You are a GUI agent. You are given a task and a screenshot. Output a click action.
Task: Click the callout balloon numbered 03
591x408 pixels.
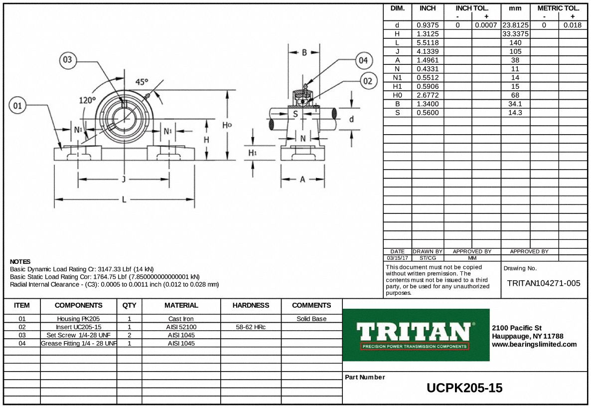click(67, 61)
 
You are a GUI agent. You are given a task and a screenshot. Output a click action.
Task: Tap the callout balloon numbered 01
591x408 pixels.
click(17, 105)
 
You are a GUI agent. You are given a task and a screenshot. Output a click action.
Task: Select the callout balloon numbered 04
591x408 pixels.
click(363, 61)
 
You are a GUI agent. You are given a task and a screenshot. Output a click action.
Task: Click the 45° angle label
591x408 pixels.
click(142, 82)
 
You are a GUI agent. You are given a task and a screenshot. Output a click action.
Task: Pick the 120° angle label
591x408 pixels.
click(87, 100)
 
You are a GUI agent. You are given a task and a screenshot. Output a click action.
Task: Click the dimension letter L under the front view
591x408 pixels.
click(124, 200)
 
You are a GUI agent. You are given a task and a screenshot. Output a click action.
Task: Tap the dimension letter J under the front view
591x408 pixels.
click(124, 180)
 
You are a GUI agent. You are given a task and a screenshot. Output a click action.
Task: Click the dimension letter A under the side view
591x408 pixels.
click(302, 180)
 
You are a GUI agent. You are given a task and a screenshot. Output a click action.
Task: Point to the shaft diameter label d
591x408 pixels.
click(351, 119)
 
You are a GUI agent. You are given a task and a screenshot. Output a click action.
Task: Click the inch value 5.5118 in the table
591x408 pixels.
click(428, 42)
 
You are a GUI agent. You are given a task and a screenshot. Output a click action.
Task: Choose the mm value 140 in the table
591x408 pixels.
click(515, 42)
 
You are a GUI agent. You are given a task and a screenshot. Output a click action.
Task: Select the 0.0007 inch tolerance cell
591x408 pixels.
click(486, 25)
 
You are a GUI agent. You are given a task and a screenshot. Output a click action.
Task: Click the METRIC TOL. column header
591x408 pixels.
click(558, 8)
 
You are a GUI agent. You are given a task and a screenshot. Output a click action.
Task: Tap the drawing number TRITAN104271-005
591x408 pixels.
click(544, 283)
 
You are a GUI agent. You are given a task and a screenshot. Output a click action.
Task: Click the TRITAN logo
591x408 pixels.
click(416, 335)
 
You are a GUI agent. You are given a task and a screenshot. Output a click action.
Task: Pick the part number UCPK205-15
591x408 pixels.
click(464, 388)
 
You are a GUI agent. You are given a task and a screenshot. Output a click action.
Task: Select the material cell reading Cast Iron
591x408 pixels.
click(181, 319)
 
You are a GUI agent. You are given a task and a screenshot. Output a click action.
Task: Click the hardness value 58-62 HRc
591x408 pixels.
click(251, 327)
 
